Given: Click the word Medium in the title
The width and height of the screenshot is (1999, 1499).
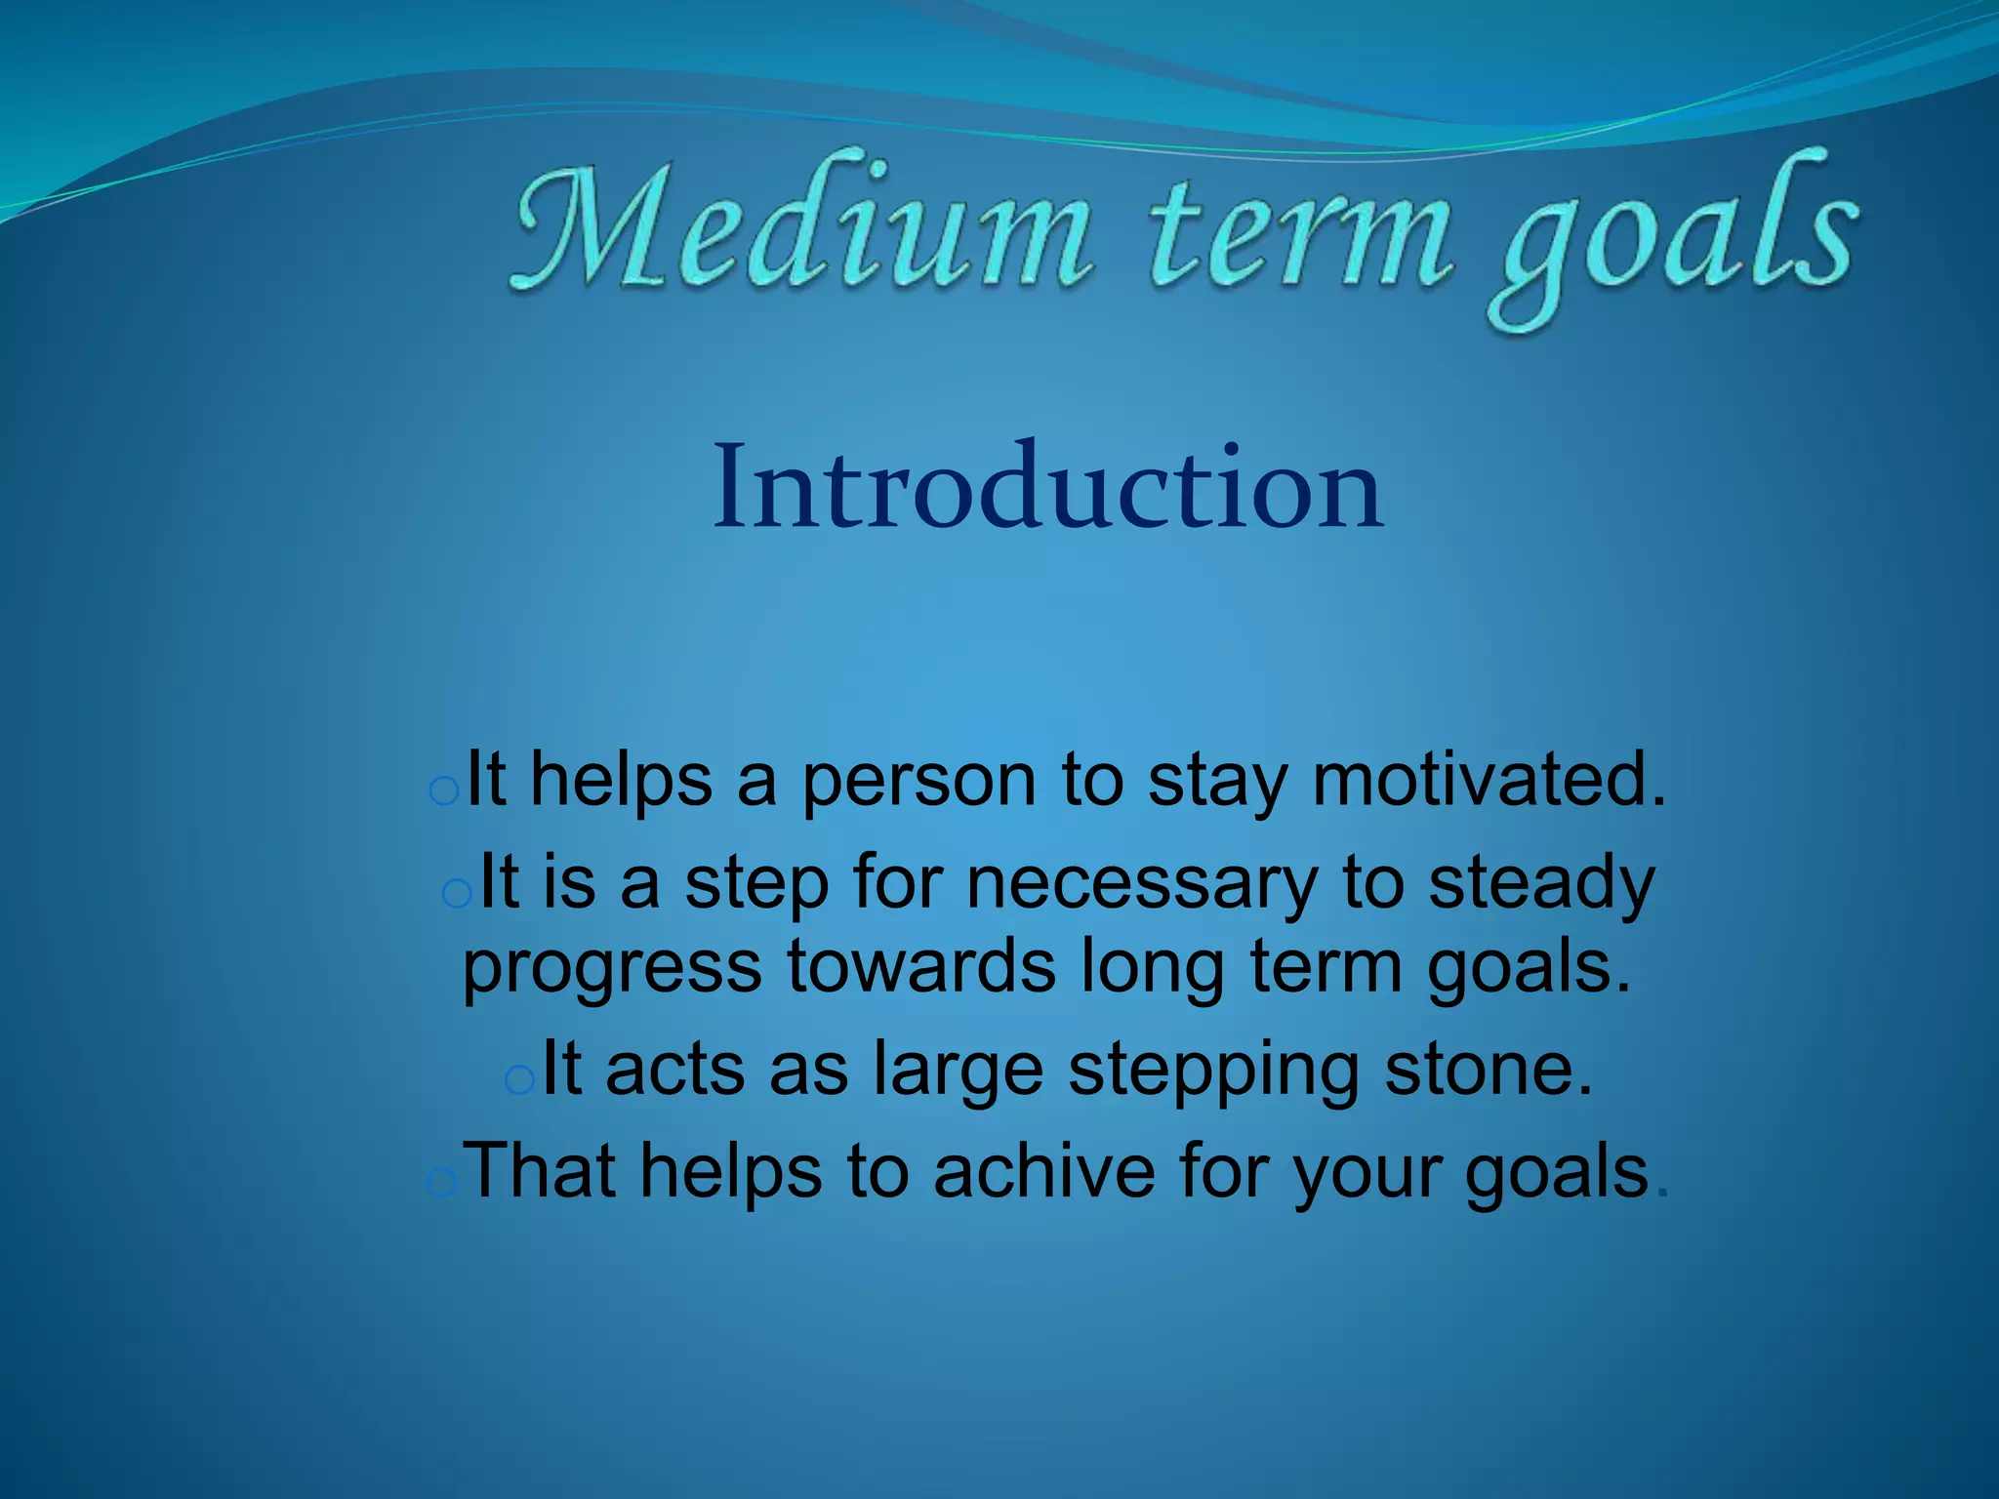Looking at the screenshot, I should click(800, 229).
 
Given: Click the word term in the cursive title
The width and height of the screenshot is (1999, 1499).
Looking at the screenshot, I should click(1298, 234).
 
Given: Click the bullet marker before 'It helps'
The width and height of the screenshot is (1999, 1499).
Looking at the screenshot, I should click(444, 792).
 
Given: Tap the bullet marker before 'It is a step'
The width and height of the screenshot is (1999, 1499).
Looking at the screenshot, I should click(457, 893).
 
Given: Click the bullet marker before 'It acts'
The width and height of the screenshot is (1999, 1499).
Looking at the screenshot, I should click(520, 1080).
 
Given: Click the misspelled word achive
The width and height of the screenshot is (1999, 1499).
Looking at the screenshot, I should click(1043, 1171).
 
